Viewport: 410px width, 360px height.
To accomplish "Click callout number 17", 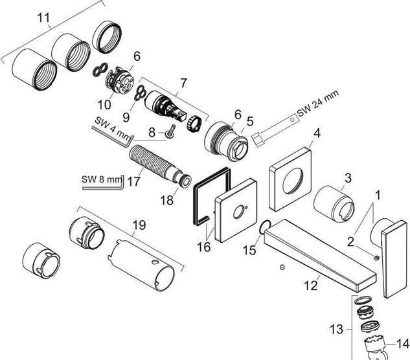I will click(134, 181).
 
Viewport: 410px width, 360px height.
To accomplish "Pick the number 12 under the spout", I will click(311, 284).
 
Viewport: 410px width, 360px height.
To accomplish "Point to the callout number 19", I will click(138, 226).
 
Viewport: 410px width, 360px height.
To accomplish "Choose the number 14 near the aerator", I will click(403, 344).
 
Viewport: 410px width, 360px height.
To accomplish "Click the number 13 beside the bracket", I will click(336, 330).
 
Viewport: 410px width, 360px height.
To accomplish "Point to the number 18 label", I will click(167, 200).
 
